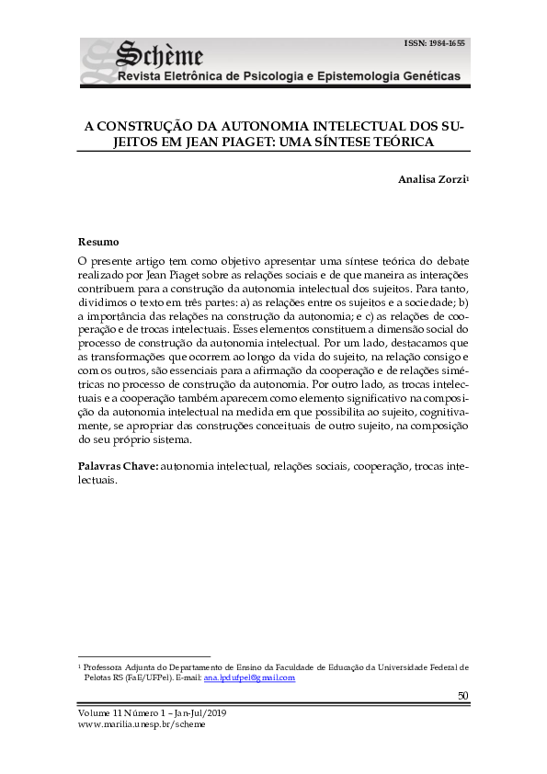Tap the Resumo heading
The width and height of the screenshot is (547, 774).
point(98,242)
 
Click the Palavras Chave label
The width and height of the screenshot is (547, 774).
point(118,466)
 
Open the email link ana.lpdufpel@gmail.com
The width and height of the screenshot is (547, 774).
point(249,677)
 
